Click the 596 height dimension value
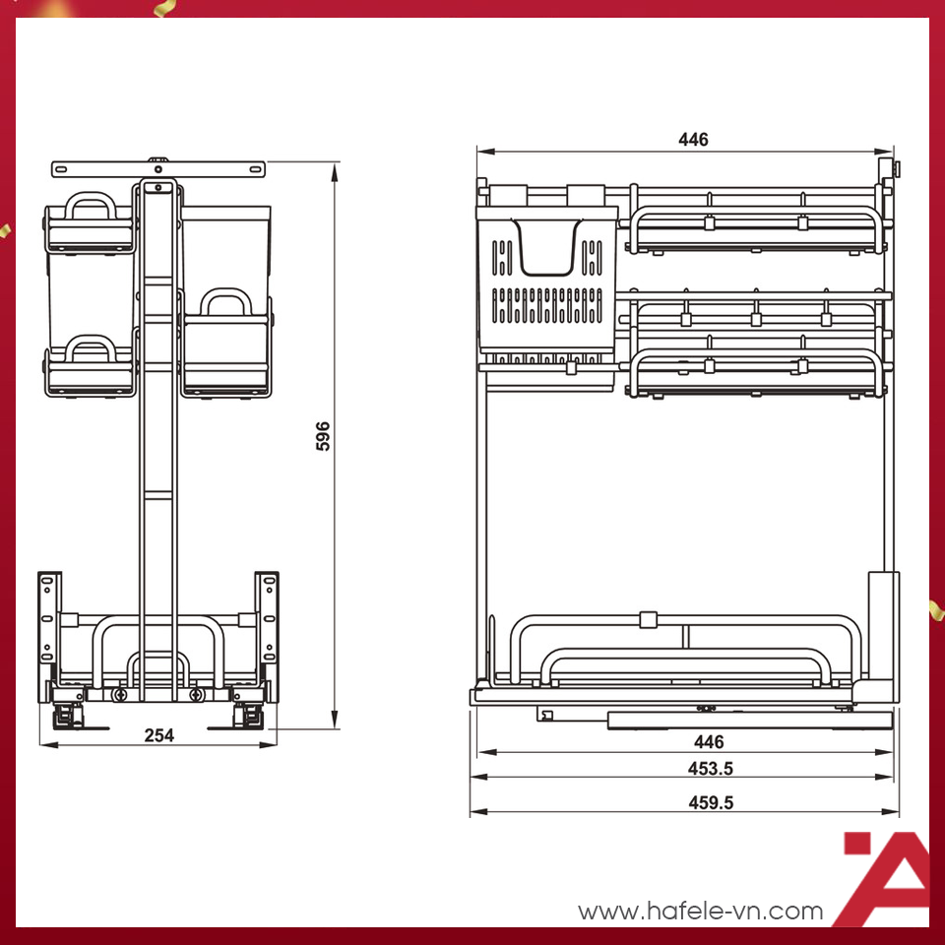[x=323, y=436]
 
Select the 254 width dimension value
[x=158, y=735]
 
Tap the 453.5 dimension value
[x=710, y=768]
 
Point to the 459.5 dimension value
[x=710, y=802]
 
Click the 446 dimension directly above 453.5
[x=708, y=742]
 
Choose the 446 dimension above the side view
[x=693, y=140]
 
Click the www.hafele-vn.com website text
[x=700, y=912]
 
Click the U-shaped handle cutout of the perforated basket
[x=546, y=251]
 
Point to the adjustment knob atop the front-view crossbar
[x=157, y=157]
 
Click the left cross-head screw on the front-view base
[x=120, y=695]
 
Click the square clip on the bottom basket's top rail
[x=647, y=620]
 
